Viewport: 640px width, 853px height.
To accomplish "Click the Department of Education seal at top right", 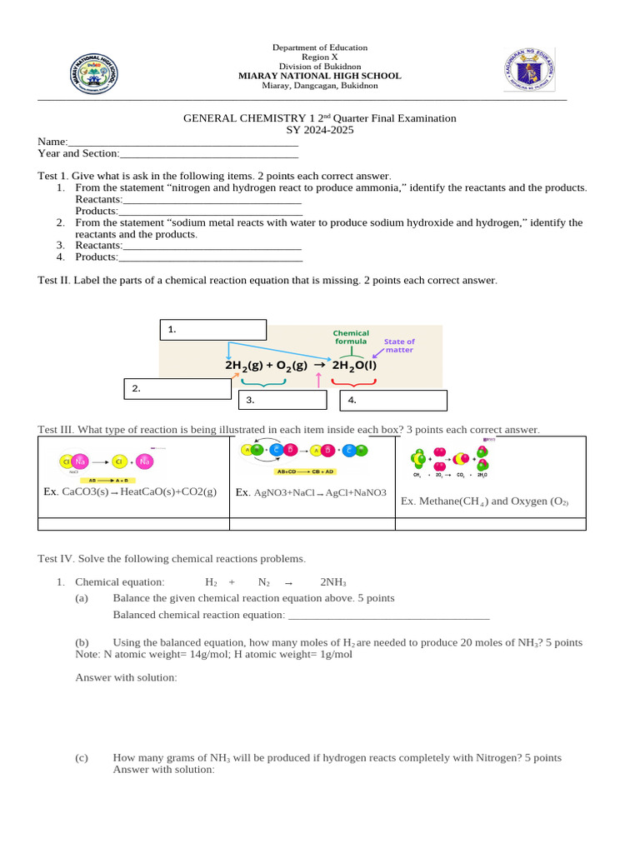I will click(x=529, y=69).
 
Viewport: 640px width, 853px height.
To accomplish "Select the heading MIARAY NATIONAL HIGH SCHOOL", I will click(x=319, y=76).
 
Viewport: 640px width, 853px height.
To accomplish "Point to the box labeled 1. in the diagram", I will click(x=212, y=330).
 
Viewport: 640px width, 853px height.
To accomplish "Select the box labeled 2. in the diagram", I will click(x=177, y=389).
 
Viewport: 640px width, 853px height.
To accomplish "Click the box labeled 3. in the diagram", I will click(x=282, y=400).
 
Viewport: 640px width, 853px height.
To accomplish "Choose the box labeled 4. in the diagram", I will click(x=393, y=400).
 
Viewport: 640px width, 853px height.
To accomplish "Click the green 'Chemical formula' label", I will click(x=351, y=337).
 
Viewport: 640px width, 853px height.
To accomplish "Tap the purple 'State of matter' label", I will click(x=399, y=346).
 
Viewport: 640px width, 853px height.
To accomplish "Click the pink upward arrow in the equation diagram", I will click(x=319, y=380).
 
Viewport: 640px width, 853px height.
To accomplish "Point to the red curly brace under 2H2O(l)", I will click(x=353, y=382).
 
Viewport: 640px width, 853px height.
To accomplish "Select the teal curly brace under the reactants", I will click(x=263, y=382).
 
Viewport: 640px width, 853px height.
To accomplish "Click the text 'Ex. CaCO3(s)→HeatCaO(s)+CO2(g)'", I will click(x=130, y=491).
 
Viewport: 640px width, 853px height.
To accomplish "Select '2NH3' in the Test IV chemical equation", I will click(x=333, y=582).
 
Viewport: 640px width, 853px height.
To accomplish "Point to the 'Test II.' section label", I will click(x=54, y=281).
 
